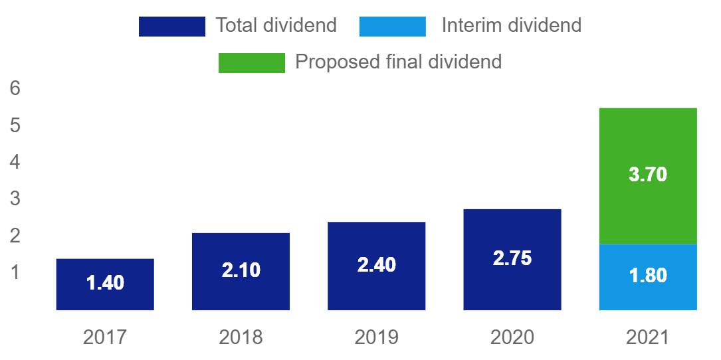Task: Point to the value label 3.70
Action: click(x=648, y=175)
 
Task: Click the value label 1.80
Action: click(x=648, y=276)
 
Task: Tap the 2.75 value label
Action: click(x=512, y=258)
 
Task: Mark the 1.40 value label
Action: click(x=105, y=283)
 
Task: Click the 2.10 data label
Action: click(x=241, y=270)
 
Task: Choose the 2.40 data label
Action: click(x=376, y=265)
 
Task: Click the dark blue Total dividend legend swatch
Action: click(x=172, y=27)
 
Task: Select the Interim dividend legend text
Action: click(x=511, y=26)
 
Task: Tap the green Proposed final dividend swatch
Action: click(x=252, y=63)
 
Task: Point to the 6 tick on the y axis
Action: click(x=15, y=88)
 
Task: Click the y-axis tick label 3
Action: click(x=15, y=199)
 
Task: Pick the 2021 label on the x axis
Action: click(x=648, y=337)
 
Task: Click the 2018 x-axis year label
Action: click(x=241, y=337)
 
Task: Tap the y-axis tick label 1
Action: click(x=15, y=272)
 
